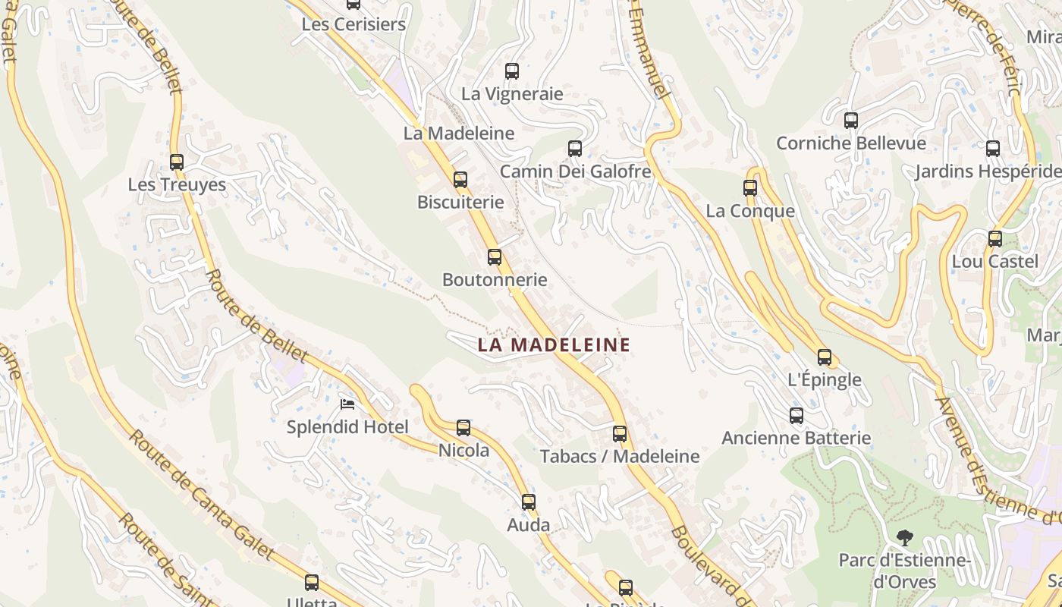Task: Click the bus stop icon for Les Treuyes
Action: click(x=177, y=162)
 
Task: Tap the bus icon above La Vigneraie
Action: click(x=512, y=71)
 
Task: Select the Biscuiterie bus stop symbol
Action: click(x=460, y=180)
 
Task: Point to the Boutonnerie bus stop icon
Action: click(x=495, y=257)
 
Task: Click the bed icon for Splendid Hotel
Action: click(x=347, y=404)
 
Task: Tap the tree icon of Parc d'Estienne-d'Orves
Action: click(x=904, y=538)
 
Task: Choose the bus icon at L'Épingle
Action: click(x=825, y=357)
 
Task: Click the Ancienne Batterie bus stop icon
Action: click(x=796, y=415)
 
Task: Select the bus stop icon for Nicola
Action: click(x=463, y=428)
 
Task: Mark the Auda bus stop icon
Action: click(x=529, y=502)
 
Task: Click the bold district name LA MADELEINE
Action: click(x=554, y=345)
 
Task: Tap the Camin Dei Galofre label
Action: click(x=575, y=171)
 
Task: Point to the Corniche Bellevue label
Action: click(x=851, y=143)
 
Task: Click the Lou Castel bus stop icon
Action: click(x=995, y=239)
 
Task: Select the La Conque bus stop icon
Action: click(x=750, y=188)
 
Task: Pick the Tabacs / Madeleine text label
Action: click(x=620, y=457)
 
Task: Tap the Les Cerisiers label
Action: click(x=353, y=24)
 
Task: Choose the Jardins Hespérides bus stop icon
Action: click(x=993, y=149)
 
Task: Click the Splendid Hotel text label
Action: click(x=347, y=427)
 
